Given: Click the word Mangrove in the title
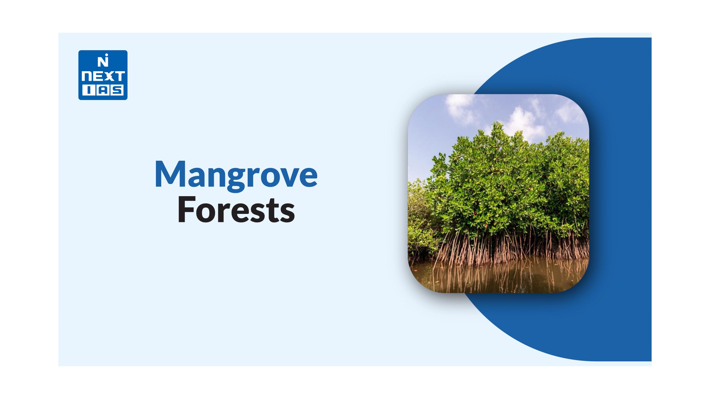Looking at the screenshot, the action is [x=236, y=175].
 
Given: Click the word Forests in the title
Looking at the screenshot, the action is [x=236, y=209].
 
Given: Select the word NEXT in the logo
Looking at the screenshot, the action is [x=103, y=76].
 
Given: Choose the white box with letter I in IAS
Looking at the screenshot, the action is [x=88, y=91].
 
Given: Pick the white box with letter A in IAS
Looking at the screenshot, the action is [x=102, y=91].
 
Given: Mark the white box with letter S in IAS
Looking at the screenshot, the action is [x=117, y=91].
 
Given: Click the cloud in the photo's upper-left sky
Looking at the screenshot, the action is [x=459, y=108].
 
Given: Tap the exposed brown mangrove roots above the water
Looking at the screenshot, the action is [x=513, y=247].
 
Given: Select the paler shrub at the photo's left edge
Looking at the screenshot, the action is [x=420, y=219].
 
